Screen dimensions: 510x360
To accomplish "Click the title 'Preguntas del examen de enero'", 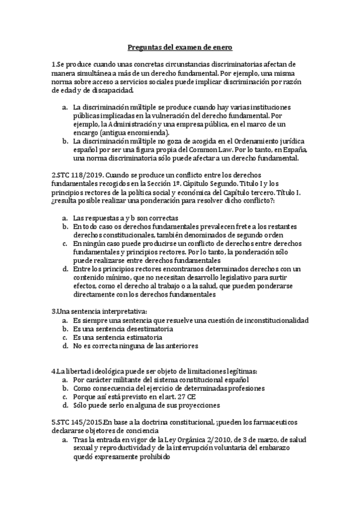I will [180, 47].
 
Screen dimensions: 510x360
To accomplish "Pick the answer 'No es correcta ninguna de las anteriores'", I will [136, 346].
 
